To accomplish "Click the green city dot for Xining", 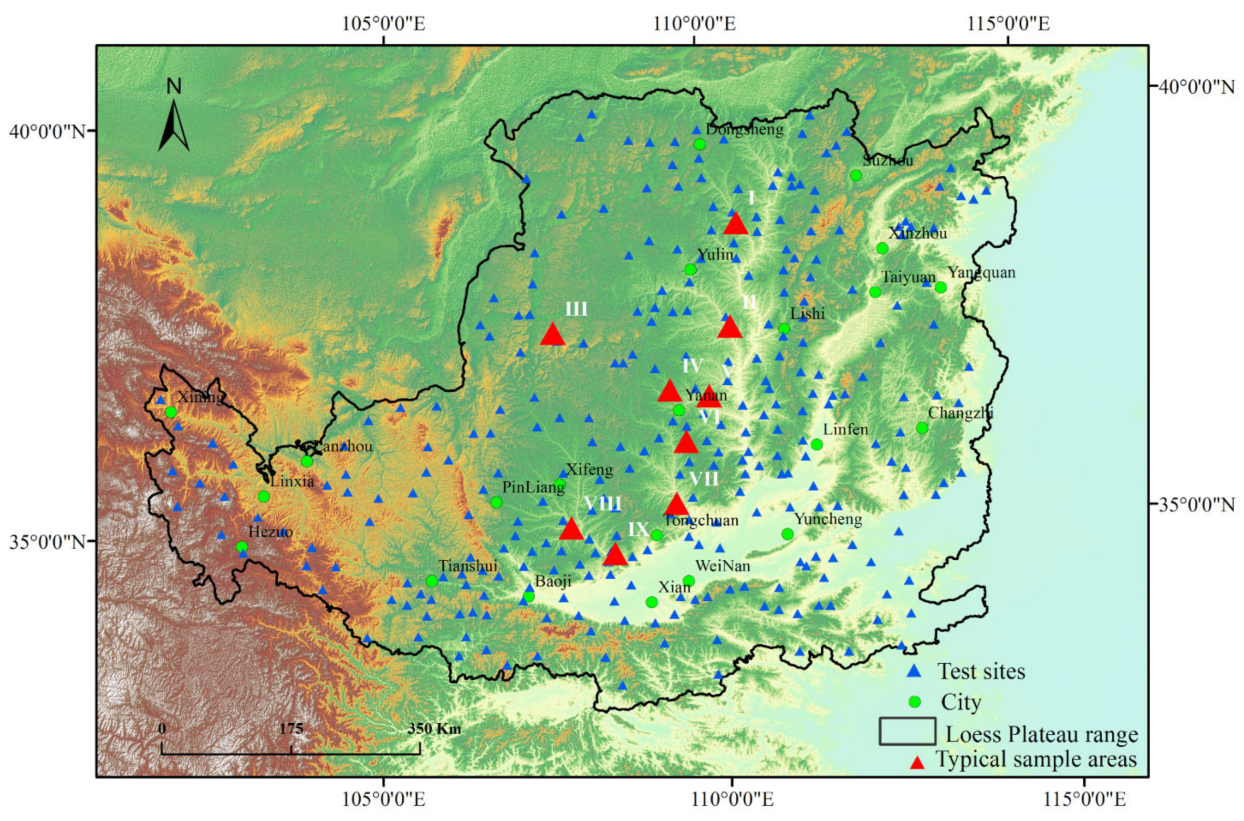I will point(171,412).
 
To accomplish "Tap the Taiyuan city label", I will point(908,277).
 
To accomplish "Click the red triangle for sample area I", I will point(735,224).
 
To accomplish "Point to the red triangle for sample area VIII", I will point(571,529).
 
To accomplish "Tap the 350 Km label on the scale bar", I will point(434,729).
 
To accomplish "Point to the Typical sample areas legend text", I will point(1036,759).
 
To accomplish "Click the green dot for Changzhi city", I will point(922,428).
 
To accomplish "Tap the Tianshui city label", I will point(468,565).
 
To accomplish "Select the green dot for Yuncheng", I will point(787,534).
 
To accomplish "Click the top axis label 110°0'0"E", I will point(694,23).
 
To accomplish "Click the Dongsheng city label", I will point(744,129).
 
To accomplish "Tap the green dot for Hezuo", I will point(241,547).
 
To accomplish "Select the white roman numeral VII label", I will point(704,479).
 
